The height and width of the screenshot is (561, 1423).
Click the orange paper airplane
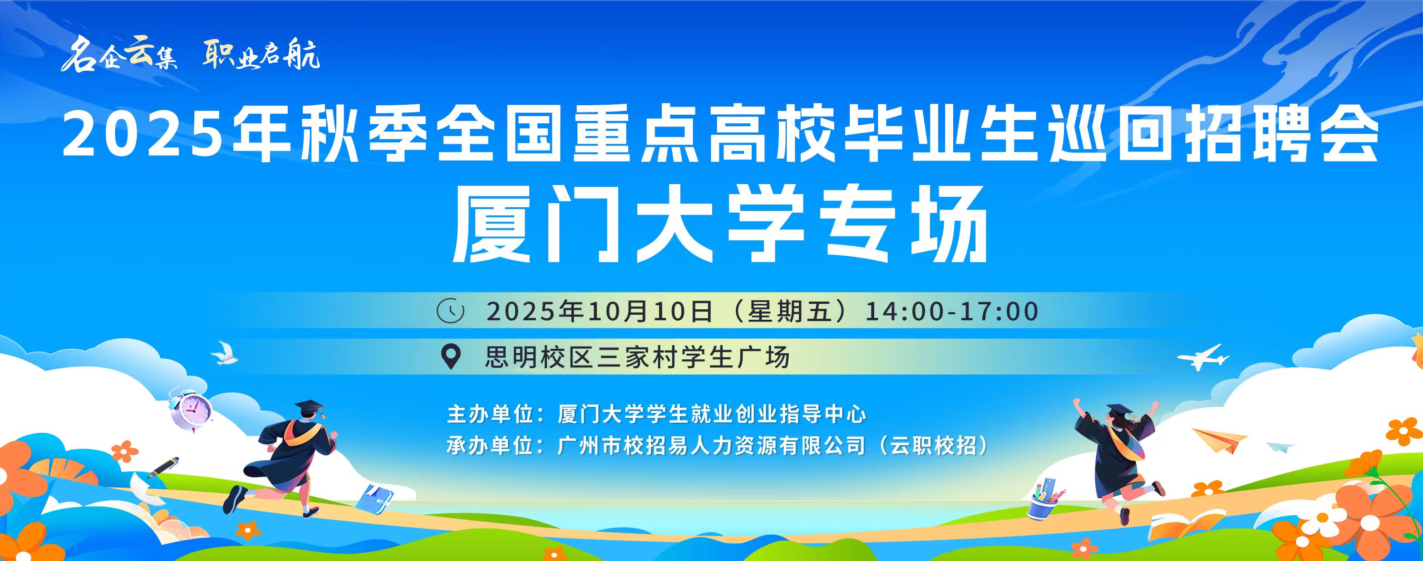click(x=1220, y=439)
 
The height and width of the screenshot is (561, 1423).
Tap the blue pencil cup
click(x=1044, y=499)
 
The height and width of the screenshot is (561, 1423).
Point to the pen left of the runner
click(x=163, y=467)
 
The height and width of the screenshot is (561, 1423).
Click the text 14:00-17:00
click(x=951, y=312)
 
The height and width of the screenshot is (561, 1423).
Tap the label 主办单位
click(x=490, y=414)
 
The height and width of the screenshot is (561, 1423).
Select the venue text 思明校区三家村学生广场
click(x=637, y=357)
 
